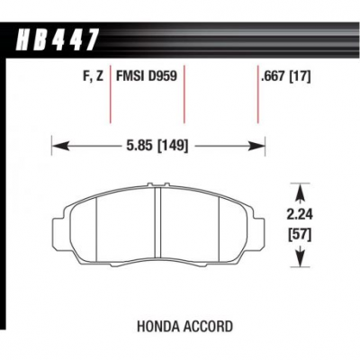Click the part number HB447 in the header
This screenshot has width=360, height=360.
click(x=57, y=40)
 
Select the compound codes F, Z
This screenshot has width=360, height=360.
click(x=93, y=76)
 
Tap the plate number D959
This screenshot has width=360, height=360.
click(x=162, y=76)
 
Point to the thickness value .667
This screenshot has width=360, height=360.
click(x=273, y=76)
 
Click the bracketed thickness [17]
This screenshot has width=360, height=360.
click(x=299, y=76)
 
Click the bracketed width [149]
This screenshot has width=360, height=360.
click(x=173, y=146)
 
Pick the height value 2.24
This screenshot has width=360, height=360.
click(x=300, y=215)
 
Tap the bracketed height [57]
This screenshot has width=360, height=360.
click(x=300, y=235)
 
